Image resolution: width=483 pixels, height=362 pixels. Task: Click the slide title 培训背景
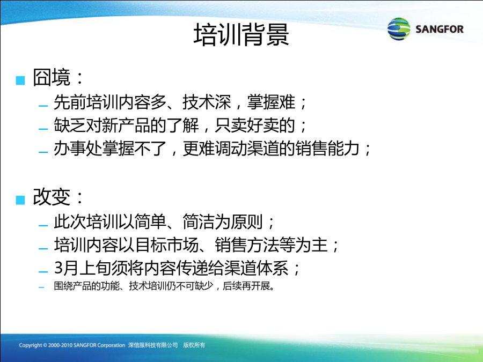[x=241, y=34]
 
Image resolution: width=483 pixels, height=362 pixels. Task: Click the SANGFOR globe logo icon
[x=399, y=29]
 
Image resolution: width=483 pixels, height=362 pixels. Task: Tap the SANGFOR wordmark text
[x=439, y=29]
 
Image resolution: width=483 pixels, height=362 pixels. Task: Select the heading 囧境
[x=52, y=77]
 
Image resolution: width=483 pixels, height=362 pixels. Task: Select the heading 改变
[x=52, y=197]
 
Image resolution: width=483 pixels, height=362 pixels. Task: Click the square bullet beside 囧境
[x=20, y=80]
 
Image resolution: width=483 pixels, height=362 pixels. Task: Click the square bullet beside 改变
[x=20, y=200]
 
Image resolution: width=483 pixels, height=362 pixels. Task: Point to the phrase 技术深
[x=207, y=102]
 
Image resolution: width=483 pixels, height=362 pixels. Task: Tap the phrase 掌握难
[x=271, y=102]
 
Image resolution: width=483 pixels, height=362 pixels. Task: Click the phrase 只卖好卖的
[x=255, y=125]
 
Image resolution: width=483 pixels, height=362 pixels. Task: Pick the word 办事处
[x=78, y=149]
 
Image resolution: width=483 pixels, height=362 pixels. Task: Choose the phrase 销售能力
[x=327, y=149]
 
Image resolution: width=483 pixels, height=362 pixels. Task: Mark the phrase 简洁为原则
[x=223, y=221]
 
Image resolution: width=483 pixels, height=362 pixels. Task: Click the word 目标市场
[x=167, y=245]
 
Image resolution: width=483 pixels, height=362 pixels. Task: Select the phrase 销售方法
[x=247, y=245]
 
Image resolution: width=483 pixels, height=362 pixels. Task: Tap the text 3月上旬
[x=83, y=268]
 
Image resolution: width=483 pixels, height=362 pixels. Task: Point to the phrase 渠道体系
[x=256, y=268]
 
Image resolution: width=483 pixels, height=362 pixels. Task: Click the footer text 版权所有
[x=194, y=345]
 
